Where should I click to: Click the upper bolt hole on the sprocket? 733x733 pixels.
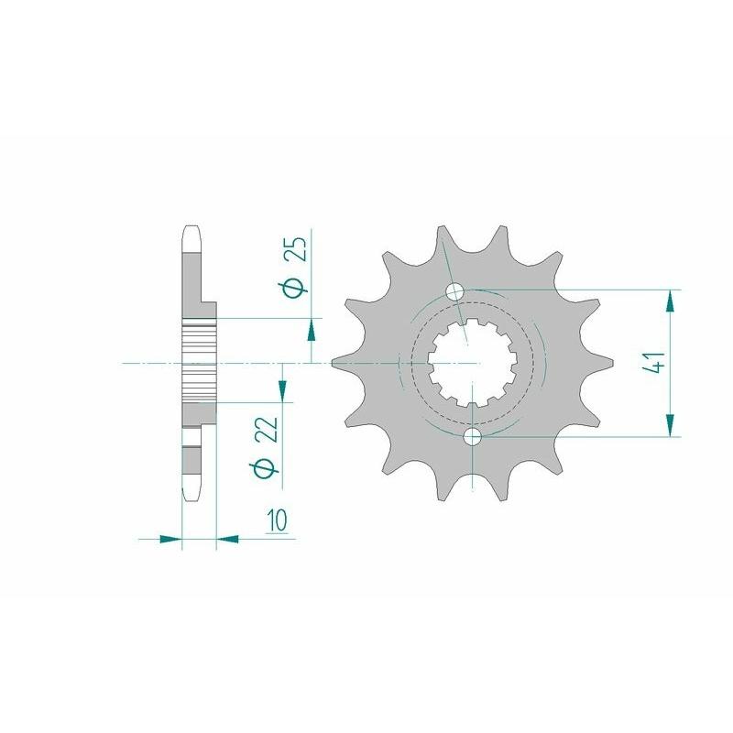455,292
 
